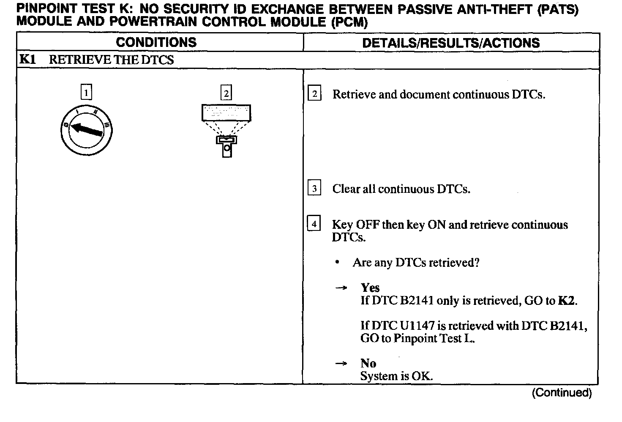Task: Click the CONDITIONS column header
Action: coord(156,42)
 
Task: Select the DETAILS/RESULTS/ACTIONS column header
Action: coord(451,43)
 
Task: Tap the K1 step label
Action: coord(27,60)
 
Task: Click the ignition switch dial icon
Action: coord(86,130)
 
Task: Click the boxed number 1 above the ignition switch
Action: coord(86,92)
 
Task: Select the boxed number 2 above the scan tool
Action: coord(226,93)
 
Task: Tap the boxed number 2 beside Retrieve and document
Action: coord(314,93)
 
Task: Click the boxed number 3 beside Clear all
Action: coord(314,188)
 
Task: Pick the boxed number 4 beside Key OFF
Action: coord(314,223)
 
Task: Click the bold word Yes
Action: coord(370,288)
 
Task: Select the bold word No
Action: coord(368,363)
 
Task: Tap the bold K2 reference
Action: coord(567,301)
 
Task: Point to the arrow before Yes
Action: coord(341,288)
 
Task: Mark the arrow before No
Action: coord(341,363)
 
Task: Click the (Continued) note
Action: coord(562,393)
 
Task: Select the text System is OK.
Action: coord(396,376)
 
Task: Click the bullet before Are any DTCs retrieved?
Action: coord(337,263)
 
